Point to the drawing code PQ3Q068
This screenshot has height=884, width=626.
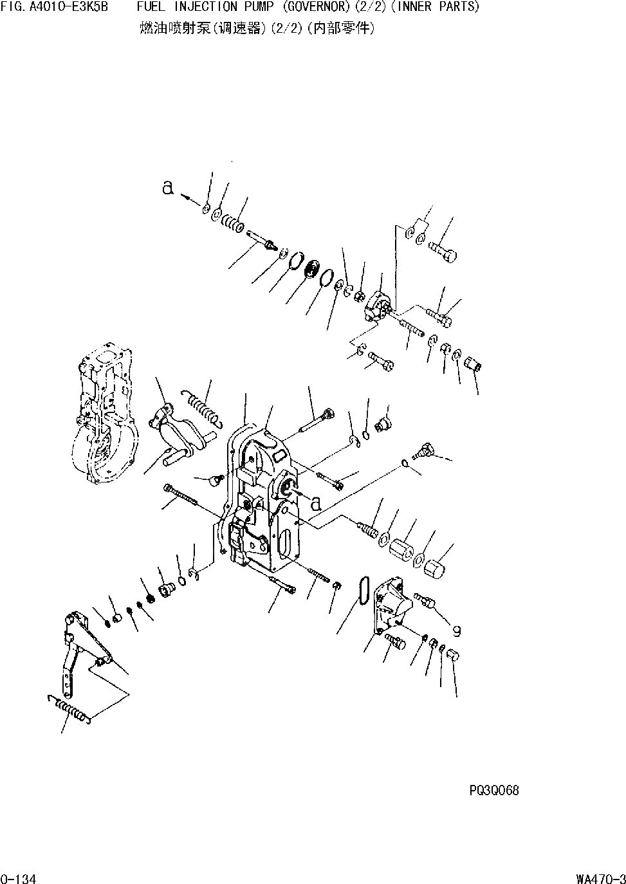click(493, 790)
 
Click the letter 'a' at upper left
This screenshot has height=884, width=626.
click(168, 189)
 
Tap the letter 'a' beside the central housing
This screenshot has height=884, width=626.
click(315, 503)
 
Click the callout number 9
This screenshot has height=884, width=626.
click(456, 631)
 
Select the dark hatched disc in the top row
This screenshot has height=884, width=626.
click(313, 270)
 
